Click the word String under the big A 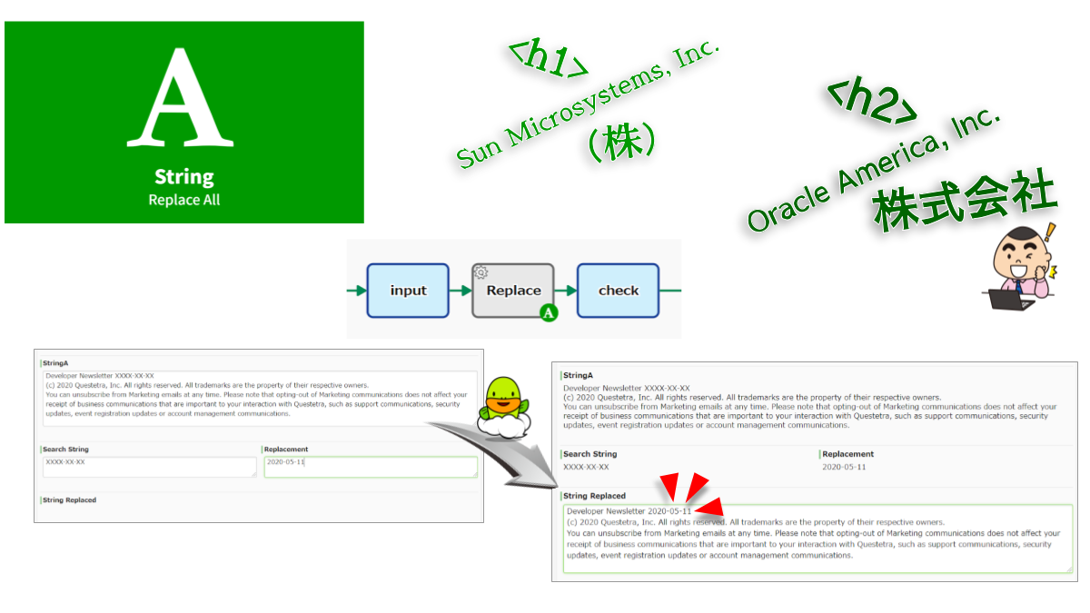183,176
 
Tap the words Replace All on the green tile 183,200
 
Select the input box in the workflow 408,291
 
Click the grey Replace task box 512,291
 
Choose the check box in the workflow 618,291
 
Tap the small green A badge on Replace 548,314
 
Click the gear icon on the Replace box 481,271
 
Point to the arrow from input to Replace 461,291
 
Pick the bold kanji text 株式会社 965,200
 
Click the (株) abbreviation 621,143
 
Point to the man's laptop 1009,297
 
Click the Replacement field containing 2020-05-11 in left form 370,466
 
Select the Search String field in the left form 149,466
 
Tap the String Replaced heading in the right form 594,496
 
